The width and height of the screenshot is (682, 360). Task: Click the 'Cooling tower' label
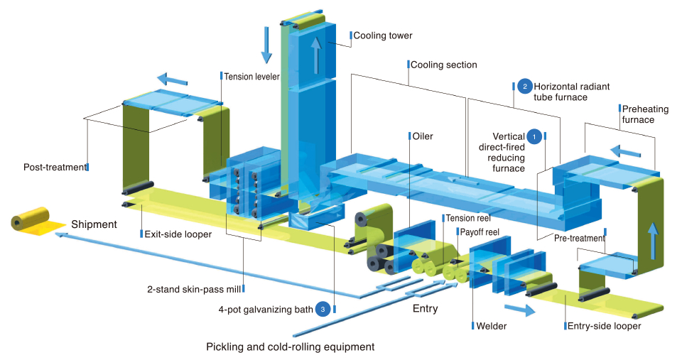[382, 36]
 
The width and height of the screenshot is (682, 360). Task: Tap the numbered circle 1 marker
[534, 135]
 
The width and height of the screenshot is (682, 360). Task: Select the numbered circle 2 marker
[524, 87]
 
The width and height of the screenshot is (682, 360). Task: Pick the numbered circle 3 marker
[323, 309]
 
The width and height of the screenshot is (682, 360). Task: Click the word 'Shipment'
[93, 224]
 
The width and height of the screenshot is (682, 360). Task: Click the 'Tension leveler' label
[251, 76]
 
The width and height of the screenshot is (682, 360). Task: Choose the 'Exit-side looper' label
[178, 234]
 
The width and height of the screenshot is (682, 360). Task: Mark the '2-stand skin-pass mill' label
[194, 289]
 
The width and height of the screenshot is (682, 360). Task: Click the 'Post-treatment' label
[53, 167]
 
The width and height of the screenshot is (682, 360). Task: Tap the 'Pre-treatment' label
[579, 238]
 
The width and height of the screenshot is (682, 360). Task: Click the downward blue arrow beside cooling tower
[266, 44]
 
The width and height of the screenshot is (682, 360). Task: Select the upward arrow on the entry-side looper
[651, 238]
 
